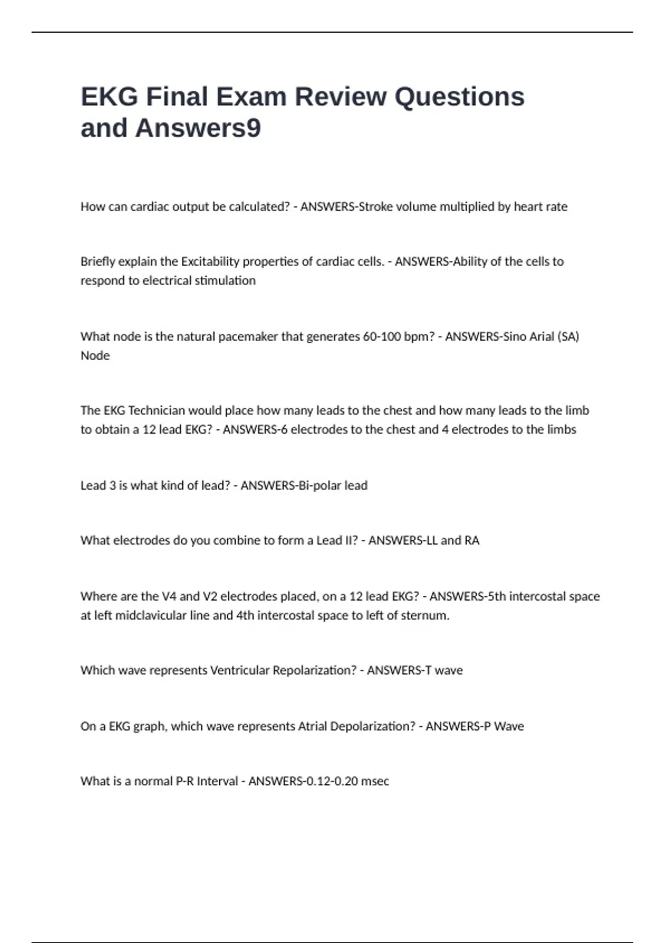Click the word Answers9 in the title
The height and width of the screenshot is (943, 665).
(x=198, y=128)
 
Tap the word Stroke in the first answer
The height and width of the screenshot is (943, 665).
(x=376, y=207)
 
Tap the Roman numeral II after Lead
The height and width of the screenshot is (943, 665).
(x=351, y=540)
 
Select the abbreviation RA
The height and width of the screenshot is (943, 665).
(x=472, y=540)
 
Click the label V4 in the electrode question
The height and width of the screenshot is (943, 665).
(x=168, y=596)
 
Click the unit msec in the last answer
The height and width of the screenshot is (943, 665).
(x=375, y=781)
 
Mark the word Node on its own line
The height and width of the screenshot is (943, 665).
(x=95, y=356)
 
